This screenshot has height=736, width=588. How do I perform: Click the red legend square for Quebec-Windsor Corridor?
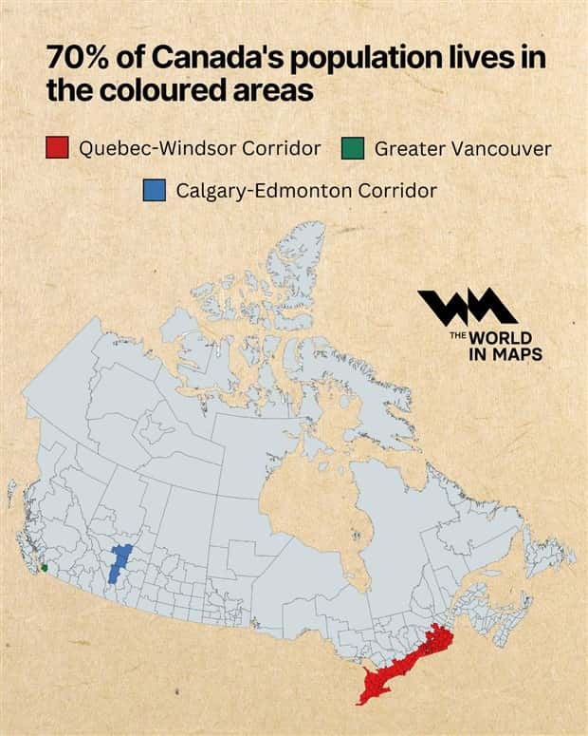(x=57, y=147)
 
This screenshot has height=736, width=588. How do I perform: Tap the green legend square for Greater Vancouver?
(x=352, y=147)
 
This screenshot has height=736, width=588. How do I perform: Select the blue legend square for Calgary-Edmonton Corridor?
(x=154, y=189)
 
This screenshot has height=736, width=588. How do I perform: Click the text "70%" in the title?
(x=74, y=58)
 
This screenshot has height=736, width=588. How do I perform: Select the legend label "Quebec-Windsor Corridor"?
(x=200, y=148)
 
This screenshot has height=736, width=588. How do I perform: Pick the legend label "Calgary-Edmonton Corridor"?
(x=306, y=190)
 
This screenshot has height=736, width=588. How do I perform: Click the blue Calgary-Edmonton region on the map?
(x=119, y=561)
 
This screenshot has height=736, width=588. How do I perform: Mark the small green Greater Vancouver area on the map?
(x=45, y=568)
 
